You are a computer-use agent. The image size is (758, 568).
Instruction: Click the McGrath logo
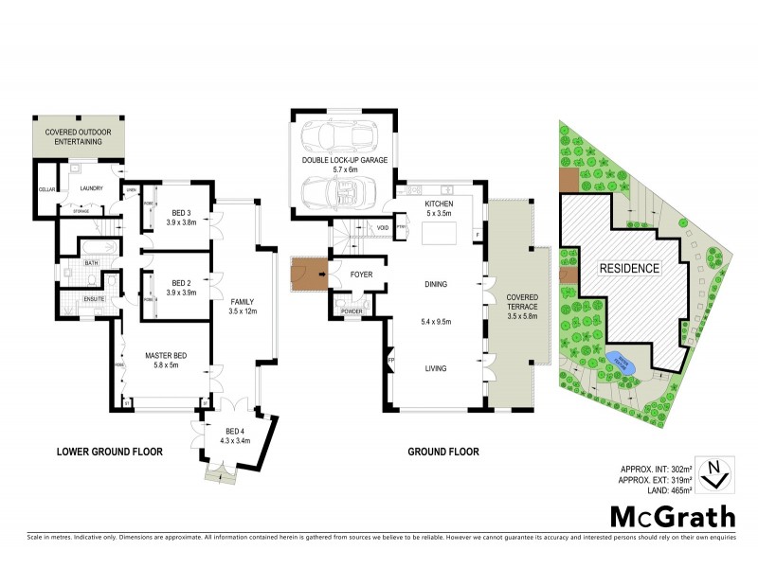(672, 516)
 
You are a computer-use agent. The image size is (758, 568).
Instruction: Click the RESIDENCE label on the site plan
(628, 268)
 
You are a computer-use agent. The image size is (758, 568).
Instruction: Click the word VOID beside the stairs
(383, 228)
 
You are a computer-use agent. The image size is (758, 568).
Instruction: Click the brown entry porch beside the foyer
(306, 275)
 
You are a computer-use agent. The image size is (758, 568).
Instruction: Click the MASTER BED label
(165, 355)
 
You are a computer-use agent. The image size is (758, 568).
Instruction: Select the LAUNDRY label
(92, 188)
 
